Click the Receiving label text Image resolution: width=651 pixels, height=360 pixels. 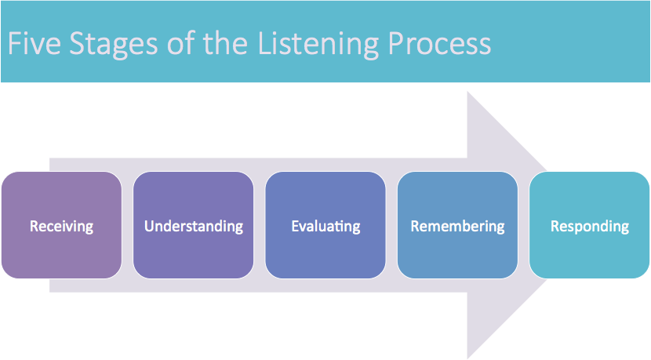[x=61, y=227]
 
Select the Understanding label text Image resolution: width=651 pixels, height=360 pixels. [x=194, y=227]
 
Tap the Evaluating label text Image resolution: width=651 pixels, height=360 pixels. [x=325, y=227]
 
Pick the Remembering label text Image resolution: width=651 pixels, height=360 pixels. [x=457, y=227]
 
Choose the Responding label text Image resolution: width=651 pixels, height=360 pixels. [x=590, y=227]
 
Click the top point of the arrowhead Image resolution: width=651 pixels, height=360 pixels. [x=469, y=93]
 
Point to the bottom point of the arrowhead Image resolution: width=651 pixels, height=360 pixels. [x=469, y=356]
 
